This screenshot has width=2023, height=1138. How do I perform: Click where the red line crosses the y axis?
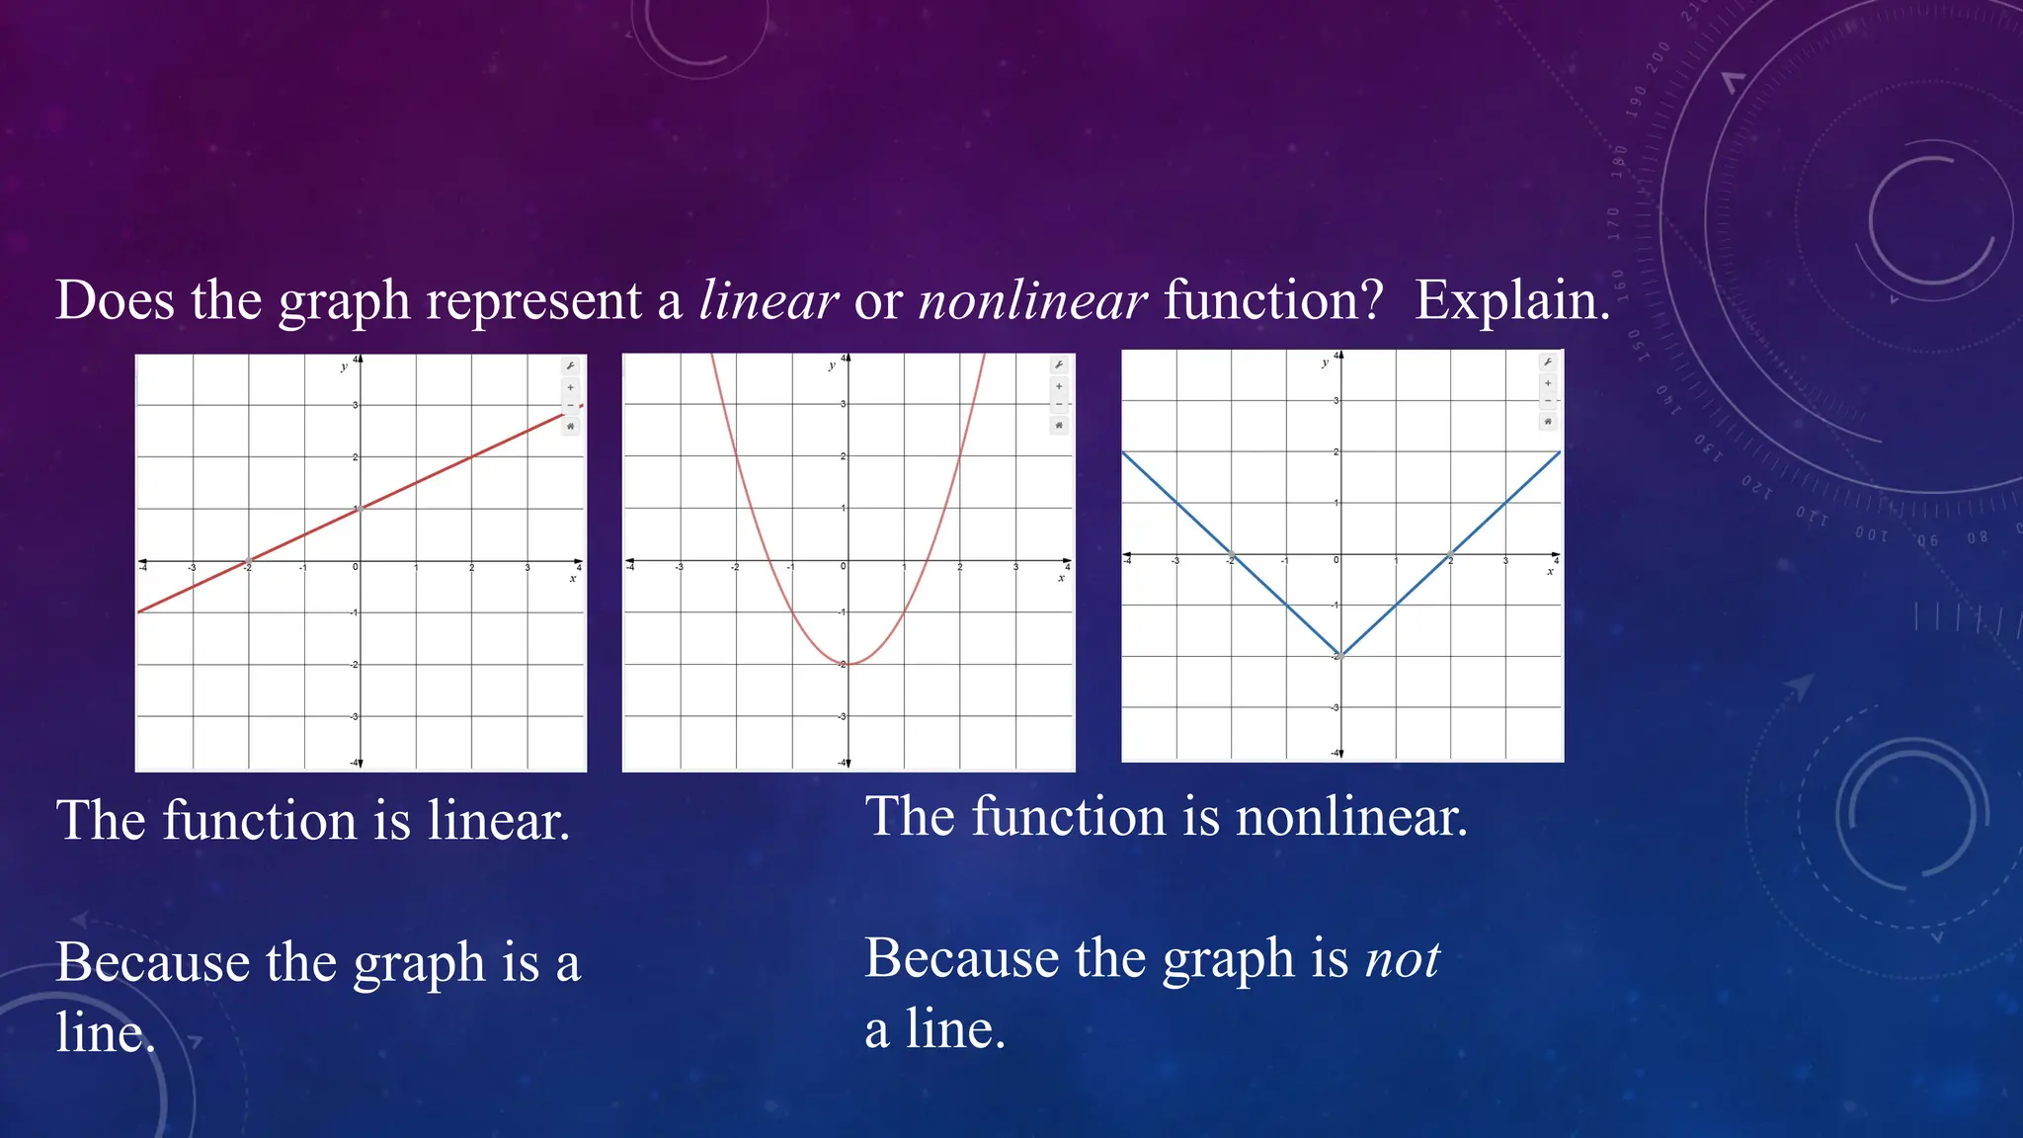point(361,508)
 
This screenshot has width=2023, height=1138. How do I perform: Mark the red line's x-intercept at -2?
point(248,561)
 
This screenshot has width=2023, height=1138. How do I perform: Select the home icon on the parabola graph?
point(1059,426)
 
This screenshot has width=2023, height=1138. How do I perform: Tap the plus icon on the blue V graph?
point(1548,383)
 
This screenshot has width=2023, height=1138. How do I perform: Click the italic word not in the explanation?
point(1402,958)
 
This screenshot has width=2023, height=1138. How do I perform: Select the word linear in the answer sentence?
point(498,821)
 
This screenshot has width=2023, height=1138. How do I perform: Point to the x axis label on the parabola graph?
point(1062,578)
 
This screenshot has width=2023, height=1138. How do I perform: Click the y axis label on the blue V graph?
point(1325,364)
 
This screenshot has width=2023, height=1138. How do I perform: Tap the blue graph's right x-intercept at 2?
point(1450,553)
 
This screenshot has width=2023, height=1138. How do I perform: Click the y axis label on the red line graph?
point(344,367)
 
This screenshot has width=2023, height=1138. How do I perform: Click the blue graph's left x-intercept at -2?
point(1231,553)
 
